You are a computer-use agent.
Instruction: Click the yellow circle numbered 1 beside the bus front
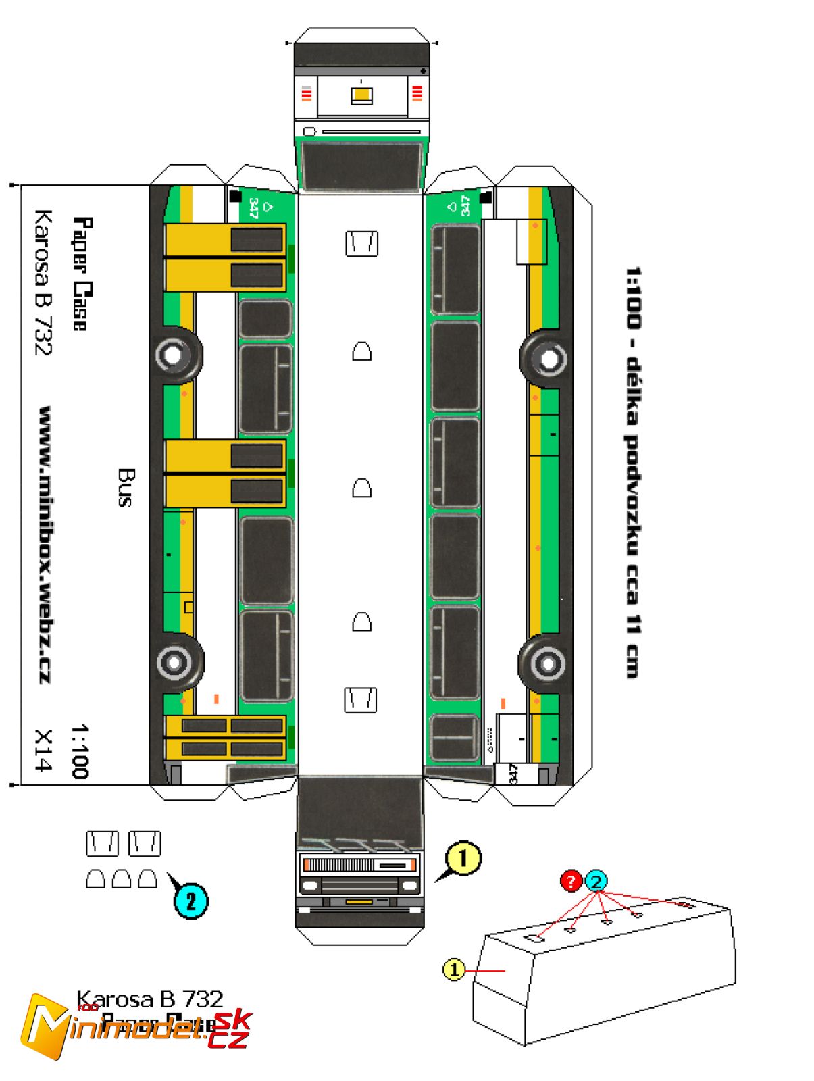tap(463, 859)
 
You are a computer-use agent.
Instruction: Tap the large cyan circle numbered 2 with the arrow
tap(191, 901)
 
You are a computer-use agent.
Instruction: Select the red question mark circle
tap(571, 881)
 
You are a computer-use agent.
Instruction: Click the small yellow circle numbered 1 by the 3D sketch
tap(454, 970)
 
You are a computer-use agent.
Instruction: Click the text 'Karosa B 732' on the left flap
tap(43, 282)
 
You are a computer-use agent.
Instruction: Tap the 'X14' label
tap(43, 749)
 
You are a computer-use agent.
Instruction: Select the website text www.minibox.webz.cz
tap(46, 544)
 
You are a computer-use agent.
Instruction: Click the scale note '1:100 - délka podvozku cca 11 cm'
tap(632, 472)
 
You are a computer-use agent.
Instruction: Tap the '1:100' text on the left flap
tap(80, 751)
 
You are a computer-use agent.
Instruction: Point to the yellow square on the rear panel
tap(361, 95)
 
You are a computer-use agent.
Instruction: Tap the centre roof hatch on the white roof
tap(361, 488)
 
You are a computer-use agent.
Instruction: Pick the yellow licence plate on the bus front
tap(359, 902)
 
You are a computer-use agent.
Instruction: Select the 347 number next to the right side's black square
tap(465, 205)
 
